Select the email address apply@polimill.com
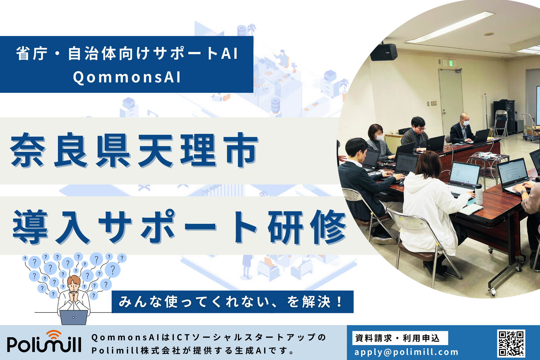(406, 352)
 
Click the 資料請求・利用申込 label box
(400, 338)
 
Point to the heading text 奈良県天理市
(134, 151)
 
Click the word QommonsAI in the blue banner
(127, 77)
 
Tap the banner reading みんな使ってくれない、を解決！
(232, 302)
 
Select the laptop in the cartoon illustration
(74, 317)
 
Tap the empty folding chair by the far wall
(501, 124)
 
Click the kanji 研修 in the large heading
(307, 227)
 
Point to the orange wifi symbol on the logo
(54, 335)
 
